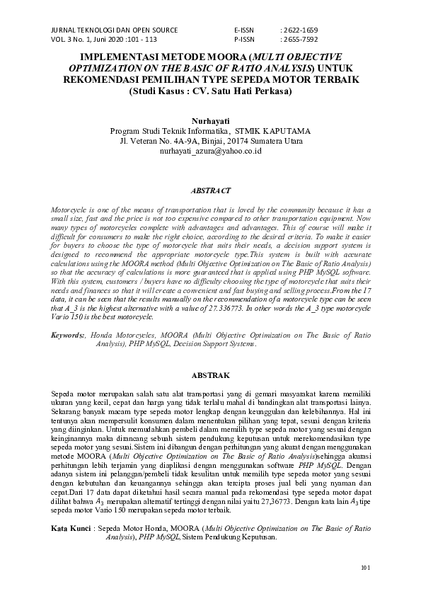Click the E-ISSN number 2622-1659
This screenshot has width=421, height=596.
[x=299, y=30]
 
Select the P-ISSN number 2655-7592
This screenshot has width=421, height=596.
[x=299, y=40]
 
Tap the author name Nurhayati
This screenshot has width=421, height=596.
[x=211, y=122]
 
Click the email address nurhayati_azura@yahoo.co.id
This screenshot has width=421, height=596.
[x=211, y=151]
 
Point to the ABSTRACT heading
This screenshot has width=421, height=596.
[x=211, y=191]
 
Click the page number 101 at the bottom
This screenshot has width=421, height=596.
[x=365, y=568]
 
